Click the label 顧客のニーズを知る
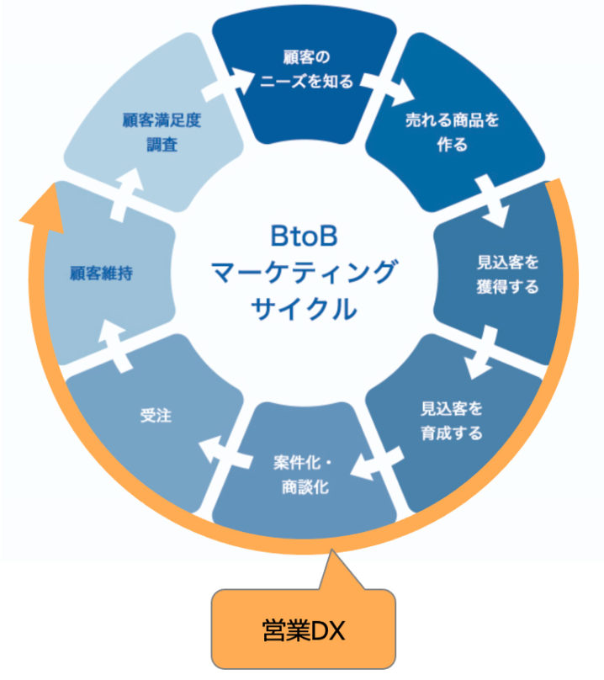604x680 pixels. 304,69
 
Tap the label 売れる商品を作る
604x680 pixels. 452,130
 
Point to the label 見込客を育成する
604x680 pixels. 452,421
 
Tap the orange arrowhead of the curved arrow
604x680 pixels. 41,209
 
